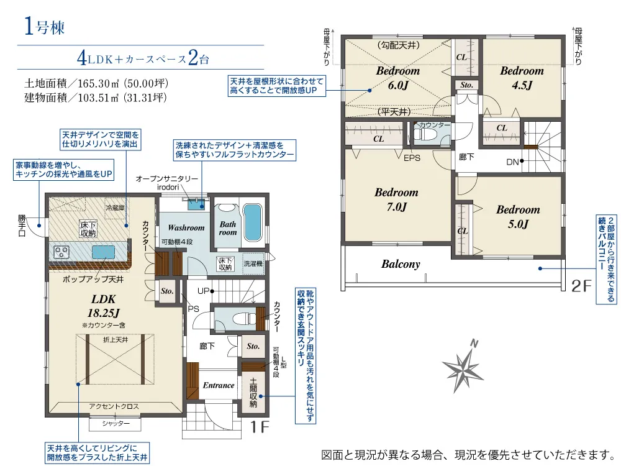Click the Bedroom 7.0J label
tap(396, 199)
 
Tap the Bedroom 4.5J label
tap(522, 78)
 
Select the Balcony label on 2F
tap(401, 264)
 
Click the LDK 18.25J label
tap(103, 306)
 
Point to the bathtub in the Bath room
tap(252, 222)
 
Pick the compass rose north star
tap(463, 367)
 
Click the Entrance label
tap(218, 385)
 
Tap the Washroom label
tap(186, 227)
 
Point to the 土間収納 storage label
tap(253, 393)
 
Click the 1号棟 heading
tap(44, 27)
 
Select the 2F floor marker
tap(581, 286)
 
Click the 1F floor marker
tap(260, 427)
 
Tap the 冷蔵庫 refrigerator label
tap(115, 208)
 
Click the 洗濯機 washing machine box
tap(253, 263)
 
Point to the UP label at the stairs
tap(203, 291)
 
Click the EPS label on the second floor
tap(412, 158)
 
